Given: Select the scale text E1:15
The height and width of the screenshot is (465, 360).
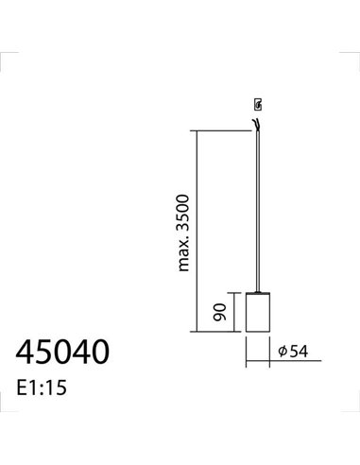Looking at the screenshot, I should [x=43, y=387].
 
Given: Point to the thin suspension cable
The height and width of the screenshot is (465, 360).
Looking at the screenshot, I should [x=257, y=208].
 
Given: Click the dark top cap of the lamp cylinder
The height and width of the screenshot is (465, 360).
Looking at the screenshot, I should [x=257, y=292].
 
